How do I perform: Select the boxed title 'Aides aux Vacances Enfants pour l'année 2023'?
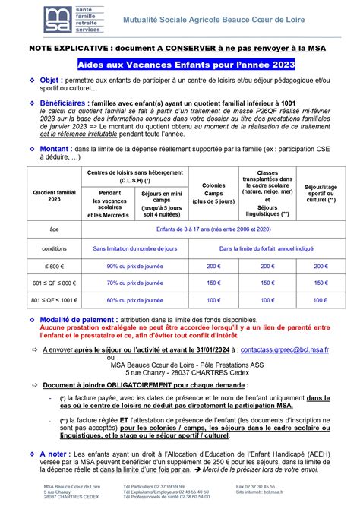[182, 66]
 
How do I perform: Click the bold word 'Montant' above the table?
[55, 150]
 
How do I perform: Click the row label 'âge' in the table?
[54, 229]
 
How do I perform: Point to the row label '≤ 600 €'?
[54, 267]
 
